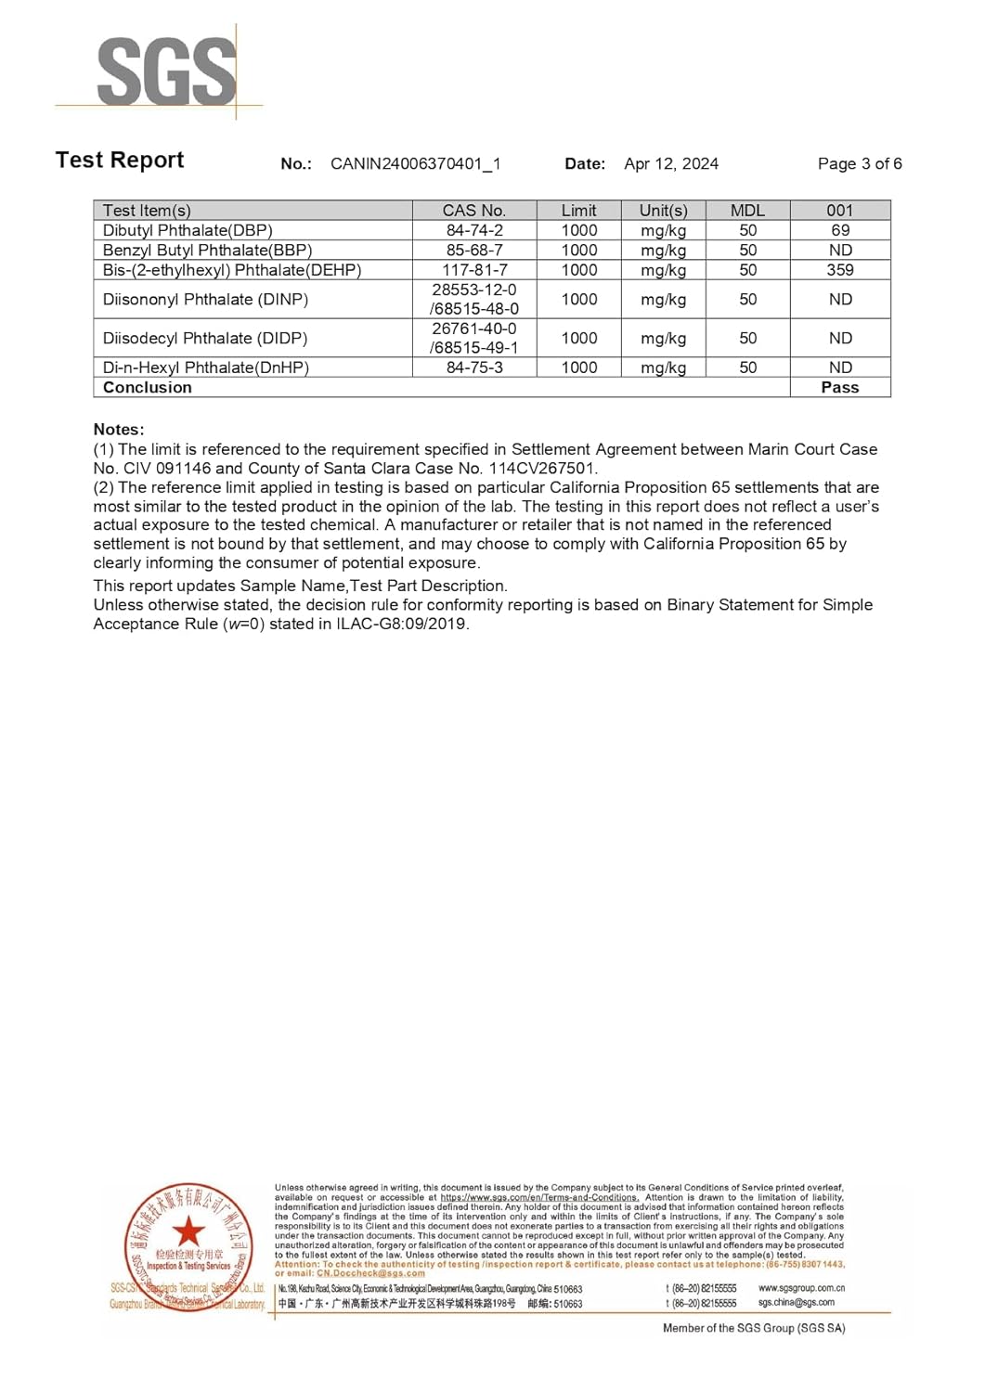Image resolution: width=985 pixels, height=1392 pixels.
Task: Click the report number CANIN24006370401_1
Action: point(415,164)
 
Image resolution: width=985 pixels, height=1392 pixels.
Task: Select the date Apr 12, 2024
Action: point(670,164)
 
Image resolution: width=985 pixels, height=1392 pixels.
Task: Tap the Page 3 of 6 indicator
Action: point(859,164)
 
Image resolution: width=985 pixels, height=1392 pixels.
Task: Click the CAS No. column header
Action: point(473,211)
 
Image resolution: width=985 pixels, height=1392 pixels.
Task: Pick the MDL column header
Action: point(747,211)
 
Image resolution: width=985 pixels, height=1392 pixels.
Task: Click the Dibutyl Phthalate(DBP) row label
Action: point(188,230)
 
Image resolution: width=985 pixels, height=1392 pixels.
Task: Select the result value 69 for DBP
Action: point(839,230)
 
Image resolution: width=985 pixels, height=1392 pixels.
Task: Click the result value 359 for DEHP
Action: point(839,270)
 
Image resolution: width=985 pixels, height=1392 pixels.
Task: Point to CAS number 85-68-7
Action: point(473,251)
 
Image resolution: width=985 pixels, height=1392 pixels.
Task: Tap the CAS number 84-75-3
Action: point(473,367)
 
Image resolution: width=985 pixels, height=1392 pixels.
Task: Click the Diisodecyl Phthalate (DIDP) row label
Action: point(204,339)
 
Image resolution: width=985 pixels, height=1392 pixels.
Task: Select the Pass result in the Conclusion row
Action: point(839,388)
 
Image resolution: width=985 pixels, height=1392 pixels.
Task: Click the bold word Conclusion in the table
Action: point(147,388)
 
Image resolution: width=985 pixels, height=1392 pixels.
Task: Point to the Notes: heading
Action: point(119,430)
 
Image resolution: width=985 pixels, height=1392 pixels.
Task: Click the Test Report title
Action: point(120,161)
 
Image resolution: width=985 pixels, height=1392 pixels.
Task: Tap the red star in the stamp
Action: point(188,1231)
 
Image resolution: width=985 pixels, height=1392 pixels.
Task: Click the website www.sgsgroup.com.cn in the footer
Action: point(801,1288)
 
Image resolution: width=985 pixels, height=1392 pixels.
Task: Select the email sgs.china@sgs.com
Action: point(796,1303)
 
